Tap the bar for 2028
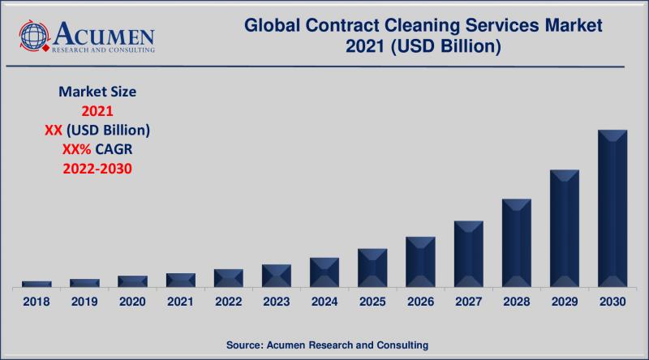click(516, 243)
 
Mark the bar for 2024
click(324, 272)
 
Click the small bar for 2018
click(37, 284)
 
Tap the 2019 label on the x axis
click(84, 302)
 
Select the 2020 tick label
click(132, 302)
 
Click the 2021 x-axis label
click(180, 302)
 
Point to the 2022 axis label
click(228, 302)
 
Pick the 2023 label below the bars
click(277, 302)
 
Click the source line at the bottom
click(324, 345)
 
